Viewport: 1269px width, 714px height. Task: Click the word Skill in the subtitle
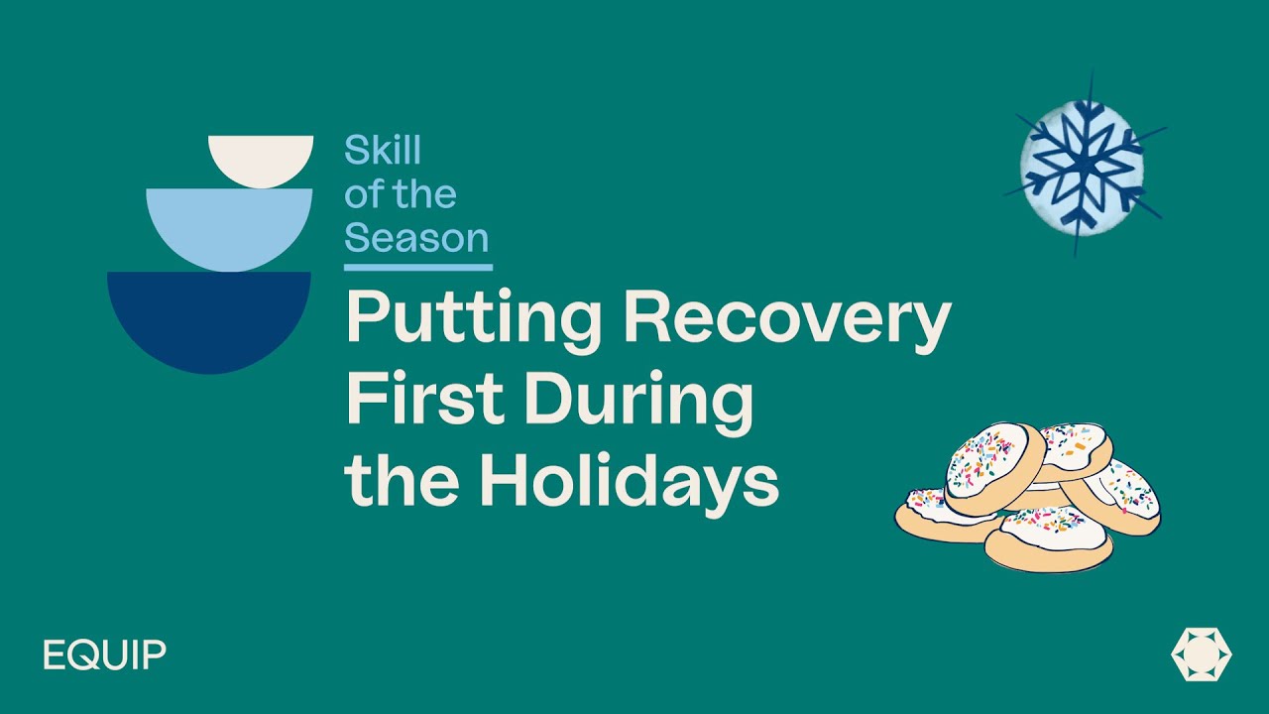tap(383, 152)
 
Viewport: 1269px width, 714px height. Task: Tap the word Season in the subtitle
tap(416, 238)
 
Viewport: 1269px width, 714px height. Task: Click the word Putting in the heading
tap(473, 319)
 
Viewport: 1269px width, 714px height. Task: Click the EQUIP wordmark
tap(104, 655)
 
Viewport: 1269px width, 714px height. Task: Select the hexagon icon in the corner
tap(1201, 655)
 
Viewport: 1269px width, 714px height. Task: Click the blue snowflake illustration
tap(1082, 165)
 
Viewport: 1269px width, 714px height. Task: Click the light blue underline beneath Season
tap(418, 267)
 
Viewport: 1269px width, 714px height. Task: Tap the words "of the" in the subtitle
tap(401, 194)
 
